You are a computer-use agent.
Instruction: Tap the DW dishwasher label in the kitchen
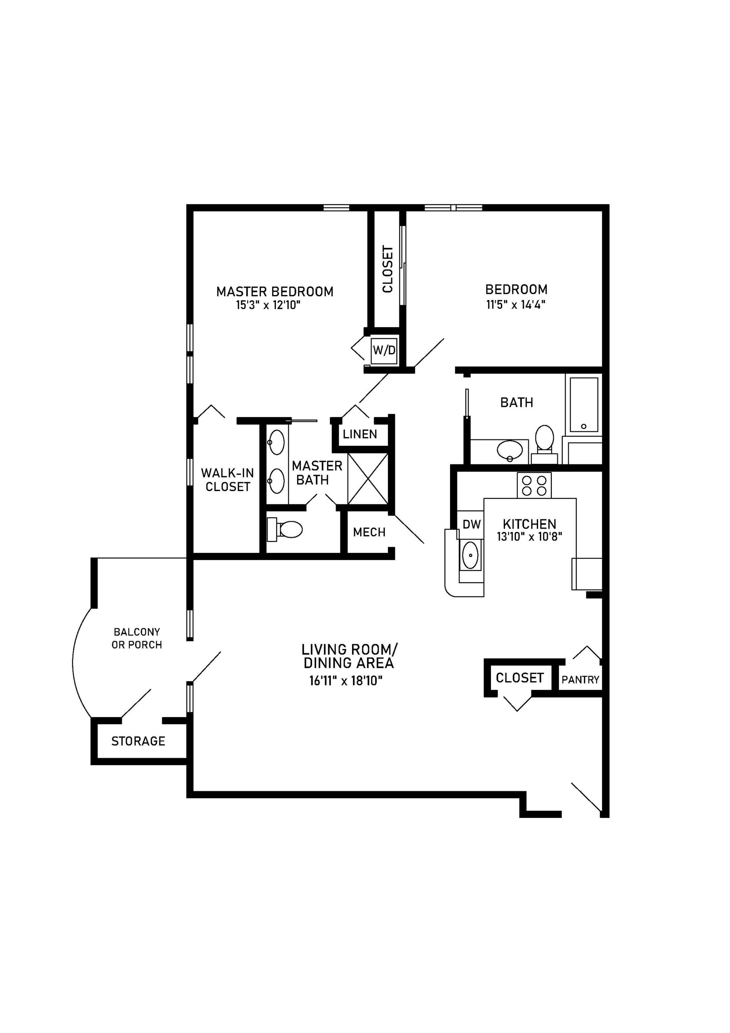click(471, 524)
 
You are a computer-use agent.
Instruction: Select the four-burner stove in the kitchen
click(534, 485)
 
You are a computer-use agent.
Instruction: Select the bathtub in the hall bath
click(584, 404)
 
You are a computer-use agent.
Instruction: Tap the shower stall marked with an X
click(368, 479)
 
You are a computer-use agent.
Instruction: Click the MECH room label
click(369, 532)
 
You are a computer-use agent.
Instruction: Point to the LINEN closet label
click(359, 434)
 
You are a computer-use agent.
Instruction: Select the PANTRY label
click(580, 680)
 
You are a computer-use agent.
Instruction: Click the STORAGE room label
click(138, 741)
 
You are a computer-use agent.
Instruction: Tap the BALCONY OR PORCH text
click(137, 638)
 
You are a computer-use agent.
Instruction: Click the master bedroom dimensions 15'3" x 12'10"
click(268, 305)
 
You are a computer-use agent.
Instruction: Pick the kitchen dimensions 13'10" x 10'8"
click(530, 537)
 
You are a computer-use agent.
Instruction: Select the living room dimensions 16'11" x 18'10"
click(345, 681)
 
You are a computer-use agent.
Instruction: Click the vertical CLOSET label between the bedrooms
click(387, 269)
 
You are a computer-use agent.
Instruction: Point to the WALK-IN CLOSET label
click(227, 480)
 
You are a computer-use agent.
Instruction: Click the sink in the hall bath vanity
click(510, 449)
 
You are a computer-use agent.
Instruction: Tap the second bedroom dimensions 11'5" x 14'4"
click(515, 304)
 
